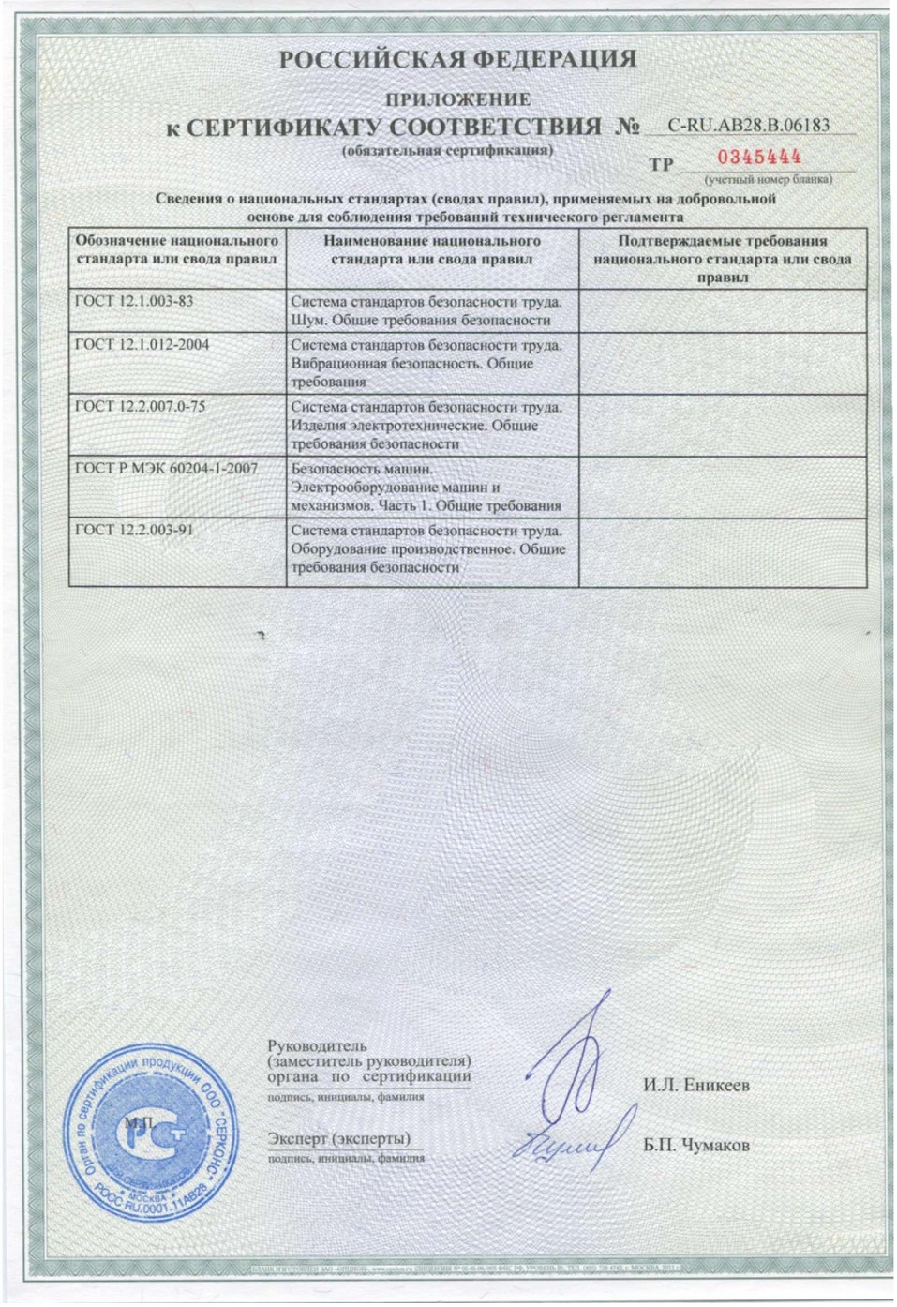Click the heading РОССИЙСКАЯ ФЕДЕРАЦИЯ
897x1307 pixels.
click(457, 59)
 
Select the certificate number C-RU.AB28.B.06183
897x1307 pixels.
click(748, 125)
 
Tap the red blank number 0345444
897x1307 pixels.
click(759, 158)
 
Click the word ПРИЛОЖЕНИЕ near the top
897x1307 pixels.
click(457, 98)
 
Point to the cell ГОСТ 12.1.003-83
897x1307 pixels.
click(134, 301)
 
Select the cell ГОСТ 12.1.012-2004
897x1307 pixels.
click(142, 345)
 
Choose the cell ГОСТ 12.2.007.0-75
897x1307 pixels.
click(140, 407)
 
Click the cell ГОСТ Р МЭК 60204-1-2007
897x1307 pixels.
click(166, 469)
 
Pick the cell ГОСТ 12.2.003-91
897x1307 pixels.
click(134, 530)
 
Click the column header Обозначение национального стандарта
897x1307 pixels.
click(177, 248)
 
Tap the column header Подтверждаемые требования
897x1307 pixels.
click(722, 241)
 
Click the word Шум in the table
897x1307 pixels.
click(306, 321)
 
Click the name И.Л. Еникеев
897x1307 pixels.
click(695, 1086)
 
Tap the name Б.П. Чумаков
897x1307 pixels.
click(695, 1145)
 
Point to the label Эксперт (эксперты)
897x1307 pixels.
click(338, 1138)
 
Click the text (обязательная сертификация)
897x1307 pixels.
click(448, 150)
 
